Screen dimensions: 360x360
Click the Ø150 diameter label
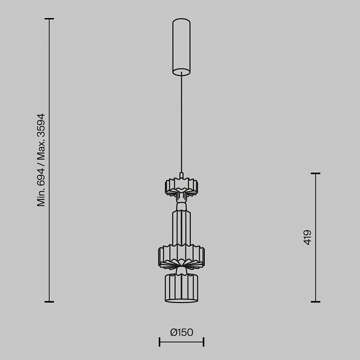tap(181, 332)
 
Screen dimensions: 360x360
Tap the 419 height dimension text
tap(307, 237)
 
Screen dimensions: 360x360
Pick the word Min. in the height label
tap(41, 198)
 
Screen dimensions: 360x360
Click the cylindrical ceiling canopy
tap(181, 47)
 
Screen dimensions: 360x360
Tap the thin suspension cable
tap(181, 123)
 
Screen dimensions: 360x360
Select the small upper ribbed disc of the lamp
tap(181, 187)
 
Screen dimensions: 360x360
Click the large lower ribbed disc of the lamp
tap(181, 256)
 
